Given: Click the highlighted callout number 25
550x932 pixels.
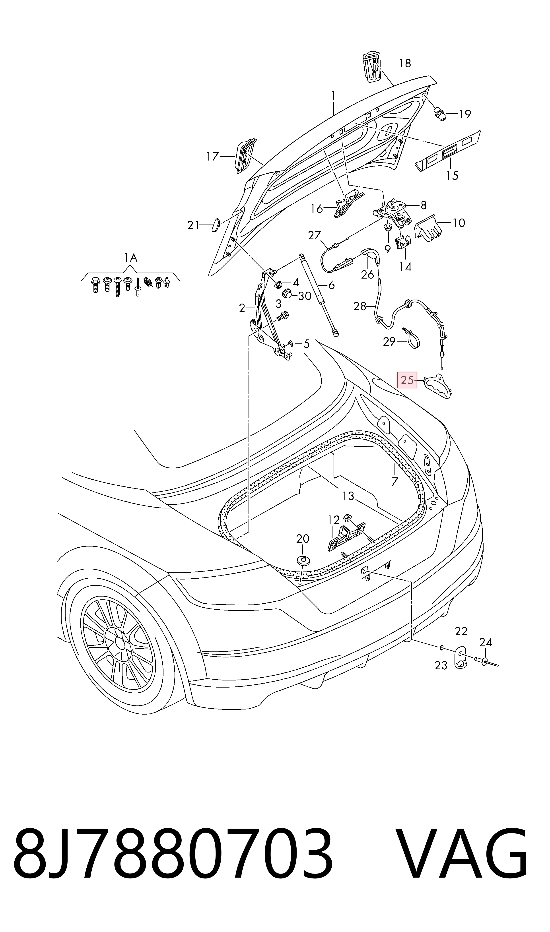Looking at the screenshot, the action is tap(407, 380).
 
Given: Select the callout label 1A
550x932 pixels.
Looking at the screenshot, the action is tap(130, 258).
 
